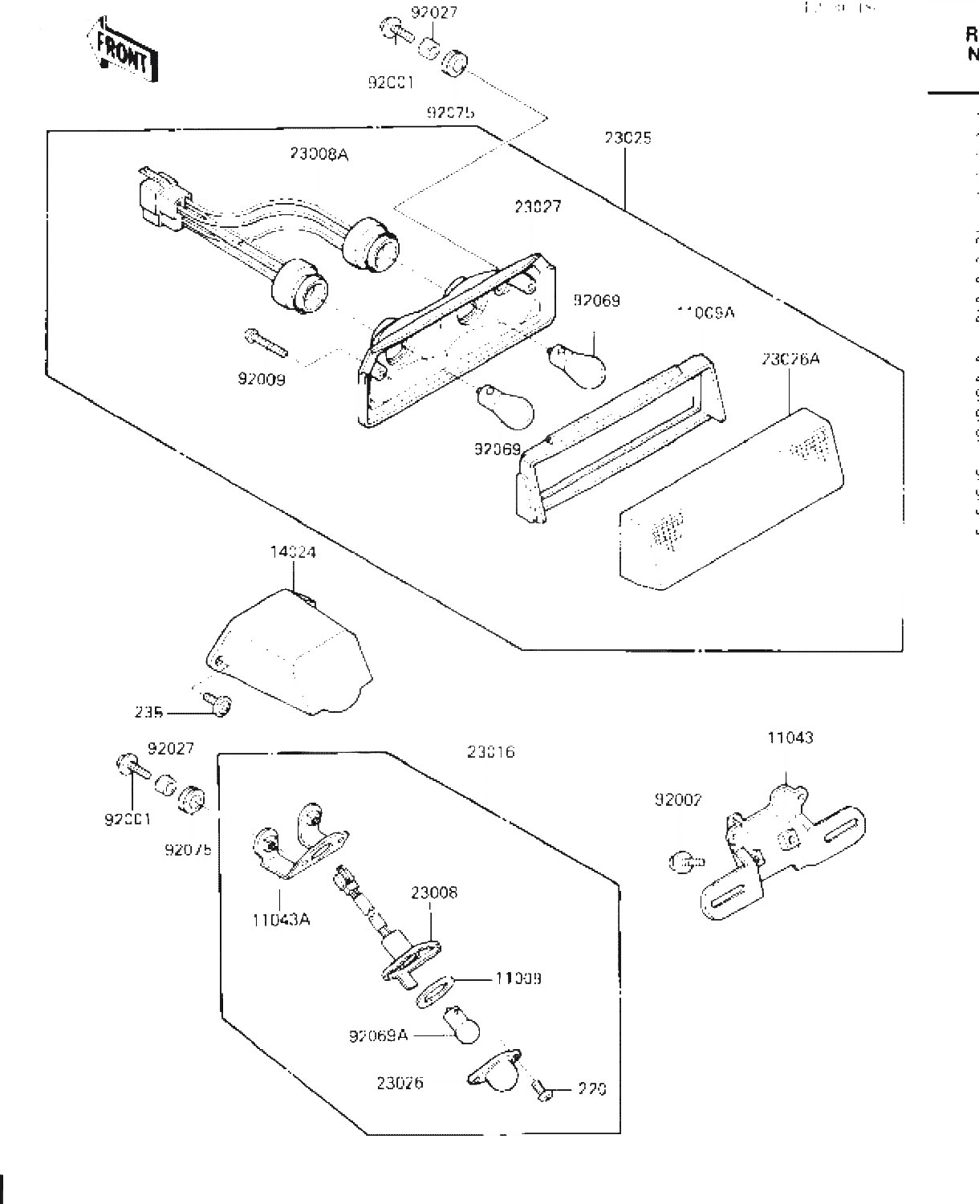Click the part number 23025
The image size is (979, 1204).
click(628, 138)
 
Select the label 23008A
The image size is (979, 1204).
click(319, 154)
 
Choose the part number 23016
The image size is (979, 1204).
click(490, 752)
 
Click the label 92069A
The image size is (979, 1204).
click(378, 1036)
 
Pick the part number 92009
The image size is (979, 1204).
click(261, 379)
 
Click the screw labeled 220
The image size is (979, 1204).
click(541, 1090)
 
